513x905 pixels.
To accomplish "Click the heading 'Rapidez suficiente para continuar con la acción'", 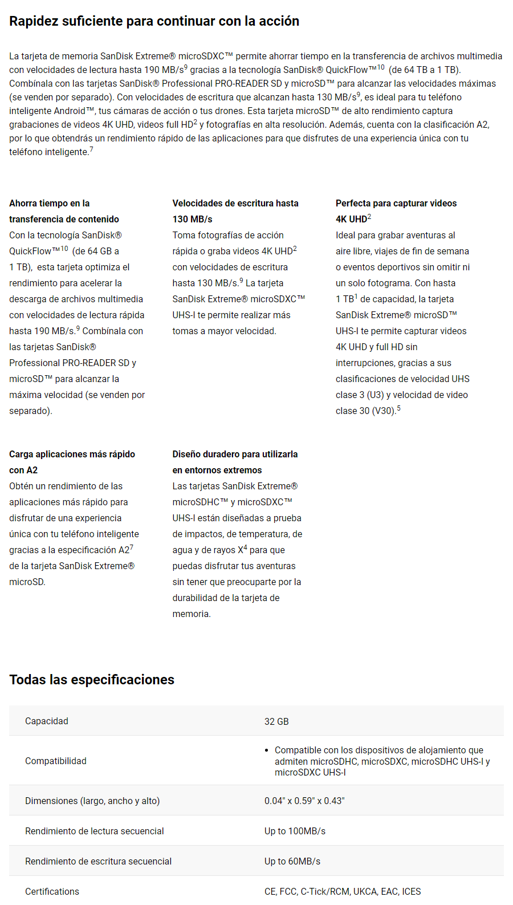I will click(154, 21).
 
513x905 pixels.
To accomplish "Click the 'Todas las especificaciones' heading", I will click(92, 680).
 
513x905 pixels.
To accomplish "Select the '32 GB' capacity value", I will click(276, 721).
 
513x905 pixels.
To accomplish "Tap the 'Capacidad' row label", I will click(47, 721).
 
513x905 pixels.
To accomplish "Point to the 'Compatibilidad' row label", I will click(56, 761).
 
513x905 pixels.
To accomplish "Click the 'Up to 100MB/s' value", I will click(295, 831).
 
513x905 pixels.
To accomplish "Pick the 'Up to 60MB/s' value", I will click(292, 861).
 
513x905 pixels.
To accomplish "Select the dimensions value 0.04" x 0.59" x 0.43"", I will click(304, 801).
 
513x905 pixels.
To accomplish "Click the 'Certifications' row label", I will click(52, 891).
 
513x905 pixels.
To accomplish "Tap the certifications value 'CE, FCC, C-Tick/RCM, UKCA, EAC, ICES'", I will click(343, 891).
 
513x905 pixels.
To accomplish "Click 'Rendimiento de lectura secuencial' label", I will click(95, 831).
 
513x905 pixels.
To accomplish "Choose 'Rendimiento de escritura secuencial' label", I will click(98, 861).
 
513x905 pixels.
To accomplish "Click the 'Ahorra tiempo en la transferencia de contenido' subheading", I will click(64, 211).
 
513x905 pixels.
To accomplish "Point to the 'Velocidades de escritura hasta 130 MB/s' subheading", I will click(235, 211).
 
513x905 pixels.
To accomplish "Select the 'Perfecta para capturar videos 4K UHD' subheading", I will click(396, 211).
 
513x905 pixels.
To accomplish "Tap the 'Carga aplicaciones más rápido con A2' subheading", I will click(72, 462).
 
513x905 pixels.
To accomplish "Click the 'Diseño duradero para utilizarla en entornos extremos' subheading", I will click(235, 462).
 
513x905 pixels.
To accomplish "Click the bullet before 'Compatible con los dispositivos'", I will click(267, 750).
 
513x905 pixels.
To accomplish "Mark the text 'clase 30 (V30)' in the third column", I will click(365, 411).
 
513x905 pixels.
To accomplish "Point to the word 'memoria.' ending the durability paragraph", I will click(192, 614).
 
